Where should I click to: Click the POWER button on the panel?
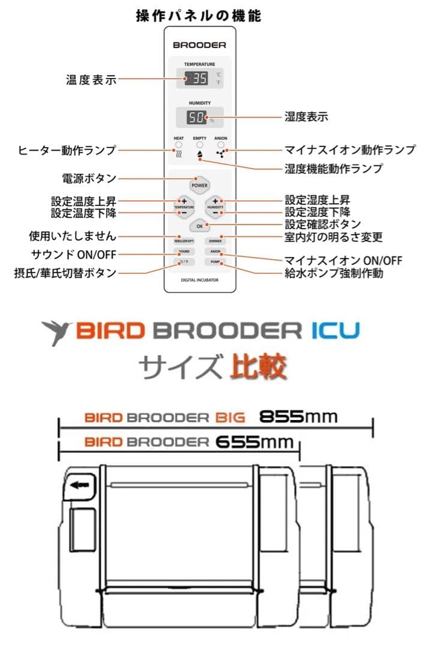click(x=199, y=185)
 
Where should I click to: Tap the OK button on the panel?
click(x=199, y=226)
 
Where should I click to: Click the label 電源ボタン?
click(x=89, y=179)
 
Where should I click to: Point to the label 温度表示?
click(x=90, y=79)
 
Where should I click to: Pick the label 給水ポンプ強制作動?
click(x=334, y=273)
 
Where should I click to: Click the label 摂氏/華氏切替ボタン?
click(x=65, y=273)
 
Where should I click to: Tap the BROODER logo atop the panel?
click(x=199, y=44)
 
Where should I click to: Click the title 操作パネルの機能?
click(x=199, y=16)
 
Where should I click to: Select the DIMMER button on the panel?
click(x=216, y=241)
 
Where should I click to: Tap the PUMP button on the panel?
click(x=216, y=262)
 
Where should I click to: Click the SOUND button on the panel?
click(x=183, y=251)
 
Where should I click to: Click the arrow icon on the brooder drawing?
click(x=79, y=485)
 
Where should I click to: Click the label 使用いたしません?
click(x=73, y=236)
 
